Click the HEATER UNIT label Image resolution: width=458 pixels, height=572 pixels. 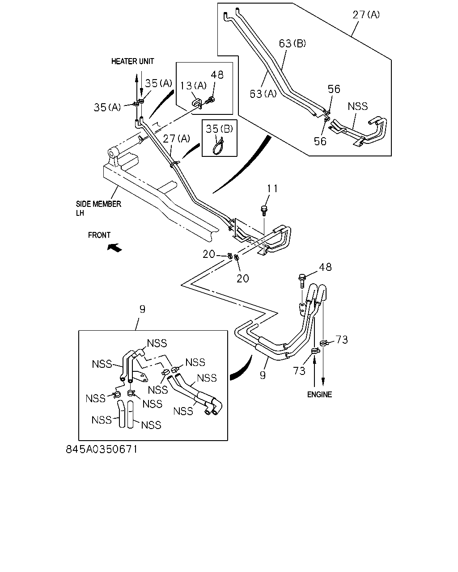132,61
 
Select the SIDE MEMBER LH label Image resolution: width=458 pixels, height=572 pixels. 98,208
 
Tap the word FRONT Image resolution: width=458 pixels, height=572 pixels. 99,235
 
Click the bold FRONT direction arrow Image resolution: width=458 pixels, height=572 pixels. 114,248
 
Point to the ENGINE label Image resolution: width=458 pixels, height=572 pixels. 319,395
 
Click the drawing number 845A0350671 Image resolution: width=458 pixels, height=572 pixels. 102,450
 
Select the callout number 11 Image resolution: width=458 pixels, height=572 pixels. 272,189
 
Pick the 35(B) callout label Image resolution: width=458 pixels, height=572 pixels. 219,129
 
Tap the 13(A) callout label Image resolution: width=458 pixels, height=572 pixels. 194,86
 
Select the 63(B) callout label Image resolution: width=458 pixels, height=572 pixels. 293,43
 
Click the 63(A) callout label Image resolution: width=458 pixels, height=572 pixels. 263,93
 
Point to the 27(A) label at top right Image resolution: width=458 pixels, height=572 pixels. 366,15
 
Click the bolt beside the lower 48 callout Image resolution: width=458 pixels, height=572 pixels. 302,281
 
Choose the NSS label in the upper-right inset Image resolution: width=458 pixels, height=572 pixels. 358,106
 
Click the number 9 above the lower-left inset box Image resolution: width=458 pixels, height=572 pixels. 142,309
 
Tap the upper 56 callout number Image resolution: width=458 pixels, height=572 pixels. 334,89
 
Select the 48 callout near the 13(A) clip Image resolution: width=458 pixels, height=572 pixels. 217,75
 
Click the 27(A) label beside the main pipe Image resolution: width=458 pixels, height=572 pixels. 176,139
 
